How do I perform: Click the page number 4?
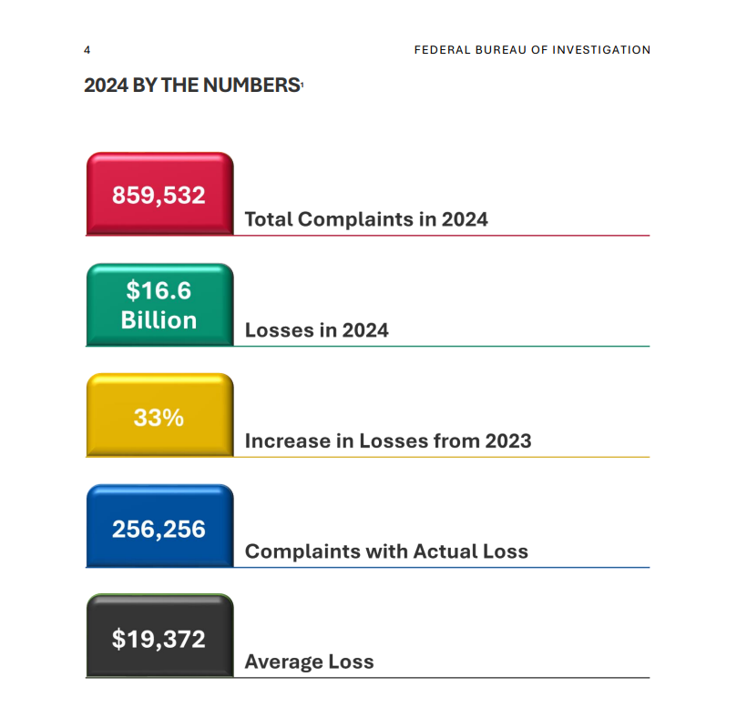click(87, 50)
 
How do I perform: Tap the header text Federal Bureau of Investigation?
click(532, 50)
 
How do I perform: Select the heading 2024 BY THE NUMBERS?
click(192, 86)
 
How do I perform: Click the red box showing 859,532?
click(159, 195)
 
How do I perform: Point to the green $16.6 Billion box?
click(159, 306)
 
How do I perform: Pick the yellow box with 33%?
click(159, 417)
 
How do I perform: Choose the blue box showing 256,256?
click(159, 528)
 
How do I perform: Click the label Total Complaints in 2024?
click(366, 219)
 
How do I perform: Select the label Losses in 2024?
click(317, 330)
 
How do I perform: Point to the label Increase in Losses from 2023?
click(388, 441)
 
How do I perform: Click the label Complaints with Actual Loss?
click(386, 551)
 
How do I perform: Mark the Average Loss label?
click(309, 662)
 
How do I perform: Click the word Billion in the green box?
click(159, 320)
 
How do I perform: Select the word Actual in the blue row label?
click(444, 551)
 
